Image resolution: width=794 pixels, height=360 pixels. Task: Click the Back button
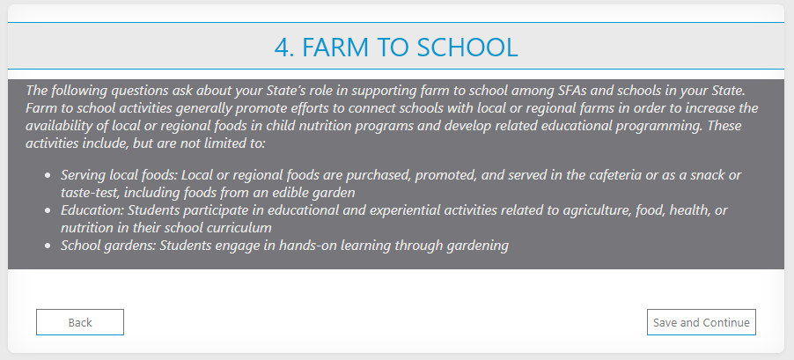pyautogui.click(x=80, y=322)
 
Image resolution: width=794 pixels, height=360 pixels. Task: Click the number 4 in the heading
pyautogui.click(x=281, y=47)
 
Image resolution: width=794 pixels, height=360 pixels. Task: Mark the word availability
pyautogui.click(x=55, y=127)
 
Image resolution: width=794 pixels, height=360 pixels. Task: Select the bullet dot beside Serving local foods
pyautogui.click(x=48, y=176)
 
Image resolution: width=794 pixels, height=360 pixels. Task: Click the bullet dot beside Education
pyautogui.click(x=48, y=210)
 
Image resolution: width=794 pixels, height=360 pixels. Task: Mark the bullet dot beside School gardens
pyautogui.click(x=48, y=246)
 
